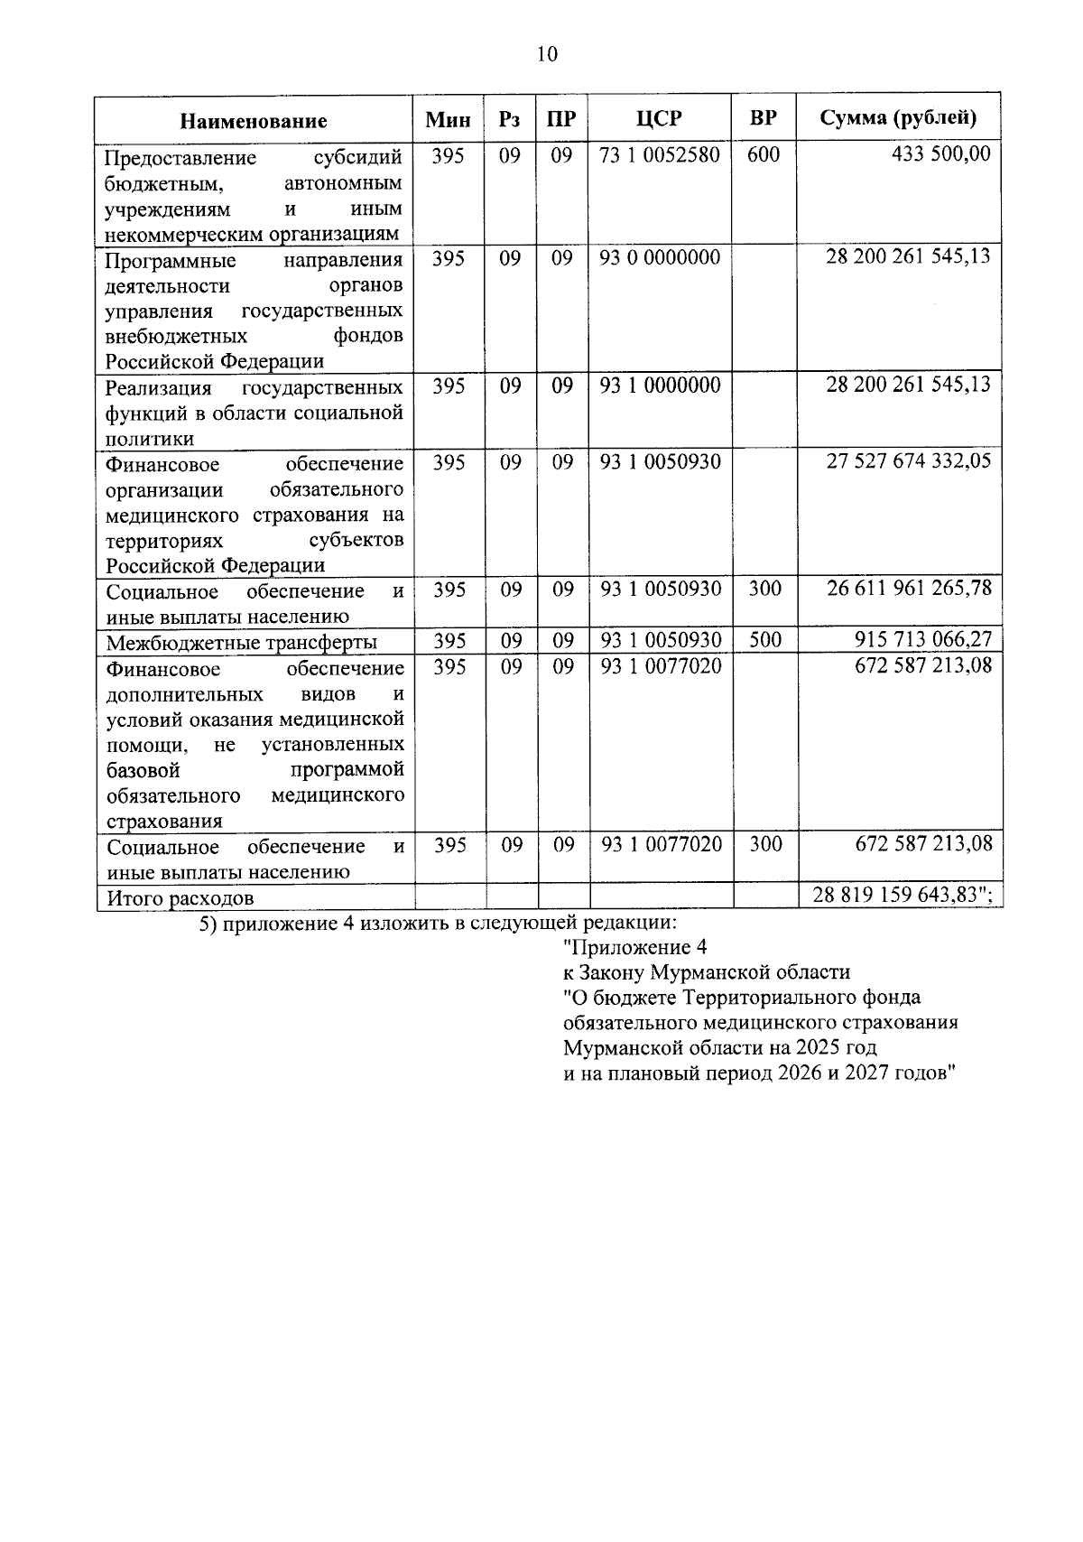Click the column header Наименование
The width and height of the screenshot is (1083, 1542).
(253, 121)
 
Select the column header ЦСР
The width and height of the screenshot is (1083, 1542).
(659, 119)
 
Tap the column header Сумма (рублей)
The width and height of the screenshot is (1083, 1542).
(898, 118)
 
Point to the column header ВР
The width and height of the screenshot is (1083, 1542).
(763, 119)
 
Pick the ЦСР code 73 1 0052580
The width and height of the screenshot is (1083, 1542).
(660, 155)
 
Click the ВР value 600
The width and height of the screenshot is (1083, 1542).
(764, 155)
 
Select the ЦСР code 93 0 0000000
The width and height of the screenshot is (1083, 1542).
(660, 258)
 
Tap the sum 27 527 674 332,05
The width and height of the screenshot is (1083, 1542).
(909, 461)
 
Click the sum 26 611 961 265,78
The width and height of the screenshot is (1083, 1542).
(909, 589)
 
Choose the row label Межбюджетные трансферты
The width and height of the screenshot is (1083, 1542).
(242, 643)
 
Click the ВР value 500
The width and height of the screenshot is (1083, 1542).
(764, 640)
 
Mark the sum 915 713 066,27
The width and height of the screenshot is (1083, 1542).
(922, 640)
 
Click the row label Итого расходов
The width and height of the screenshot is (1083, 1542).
(180, 898)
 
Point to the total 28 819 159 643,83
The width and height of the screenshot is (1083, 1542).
(898, 896)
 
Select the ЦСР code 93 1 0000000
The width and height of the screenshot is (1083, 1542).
(661, 385)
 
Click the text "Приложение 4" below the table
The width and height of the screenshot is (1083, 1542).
(634, 947)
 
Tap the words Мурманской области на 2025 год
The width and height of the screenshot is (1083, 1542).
(719, 1049)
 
